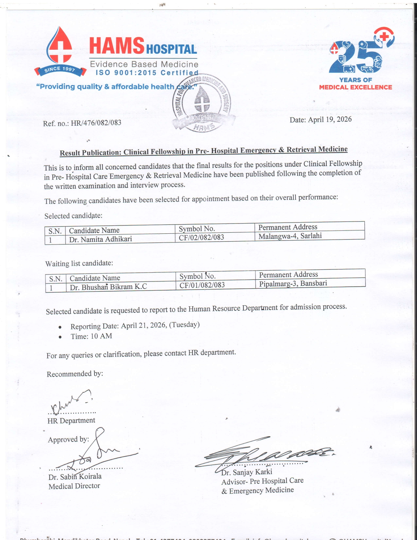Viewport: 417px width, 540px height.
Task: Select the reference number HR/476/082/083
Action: pyautogui.click(x=96, y=123)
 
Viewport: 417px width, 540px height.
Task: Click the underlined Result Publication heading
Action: pyautogui.click(x=203, y=151)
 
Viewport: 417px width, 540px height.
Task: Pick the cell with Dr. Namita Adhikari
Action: pyautogui.click(x=101, y=239)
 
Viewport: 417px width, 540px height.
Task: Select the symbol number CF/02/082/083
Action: pyautogui.click(x=201, y=237)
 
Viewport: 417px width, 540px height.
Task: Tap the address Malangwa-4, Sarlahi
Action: pyautogui.click(x=290, y=236)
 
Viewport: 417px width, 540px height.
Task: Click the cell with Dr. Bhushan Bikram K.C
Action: pyautogui.click(x=108, y=287)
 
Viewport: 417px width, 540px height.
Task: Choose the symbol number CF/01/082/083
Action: pyautogui.click(x=202, y=285)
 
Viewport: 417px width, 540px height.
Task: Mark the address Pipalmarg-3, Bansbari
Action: pyautogui.click(x=293, y=283)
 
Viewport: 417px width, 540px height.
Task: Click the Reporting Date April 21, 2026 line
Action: pyautogui.click(x=135, y=326)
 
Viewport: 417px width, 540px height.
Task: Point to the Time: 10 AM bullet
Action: pyautogui.click(x=91, y=336)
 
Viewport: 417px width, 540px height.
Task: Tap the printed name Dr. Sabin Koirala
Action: pyautogui.click(x=75, y=477)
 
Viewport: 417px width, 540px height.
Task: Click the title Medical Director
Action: pyautogui.click(x=74, y=486)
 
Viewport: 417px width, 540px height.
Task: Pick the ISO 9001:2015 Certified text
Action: pyautogui.click(x=147, y=73)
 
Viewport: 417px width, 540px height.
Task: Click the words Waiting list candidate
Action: pyautogui.click(x=79, y=263)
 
